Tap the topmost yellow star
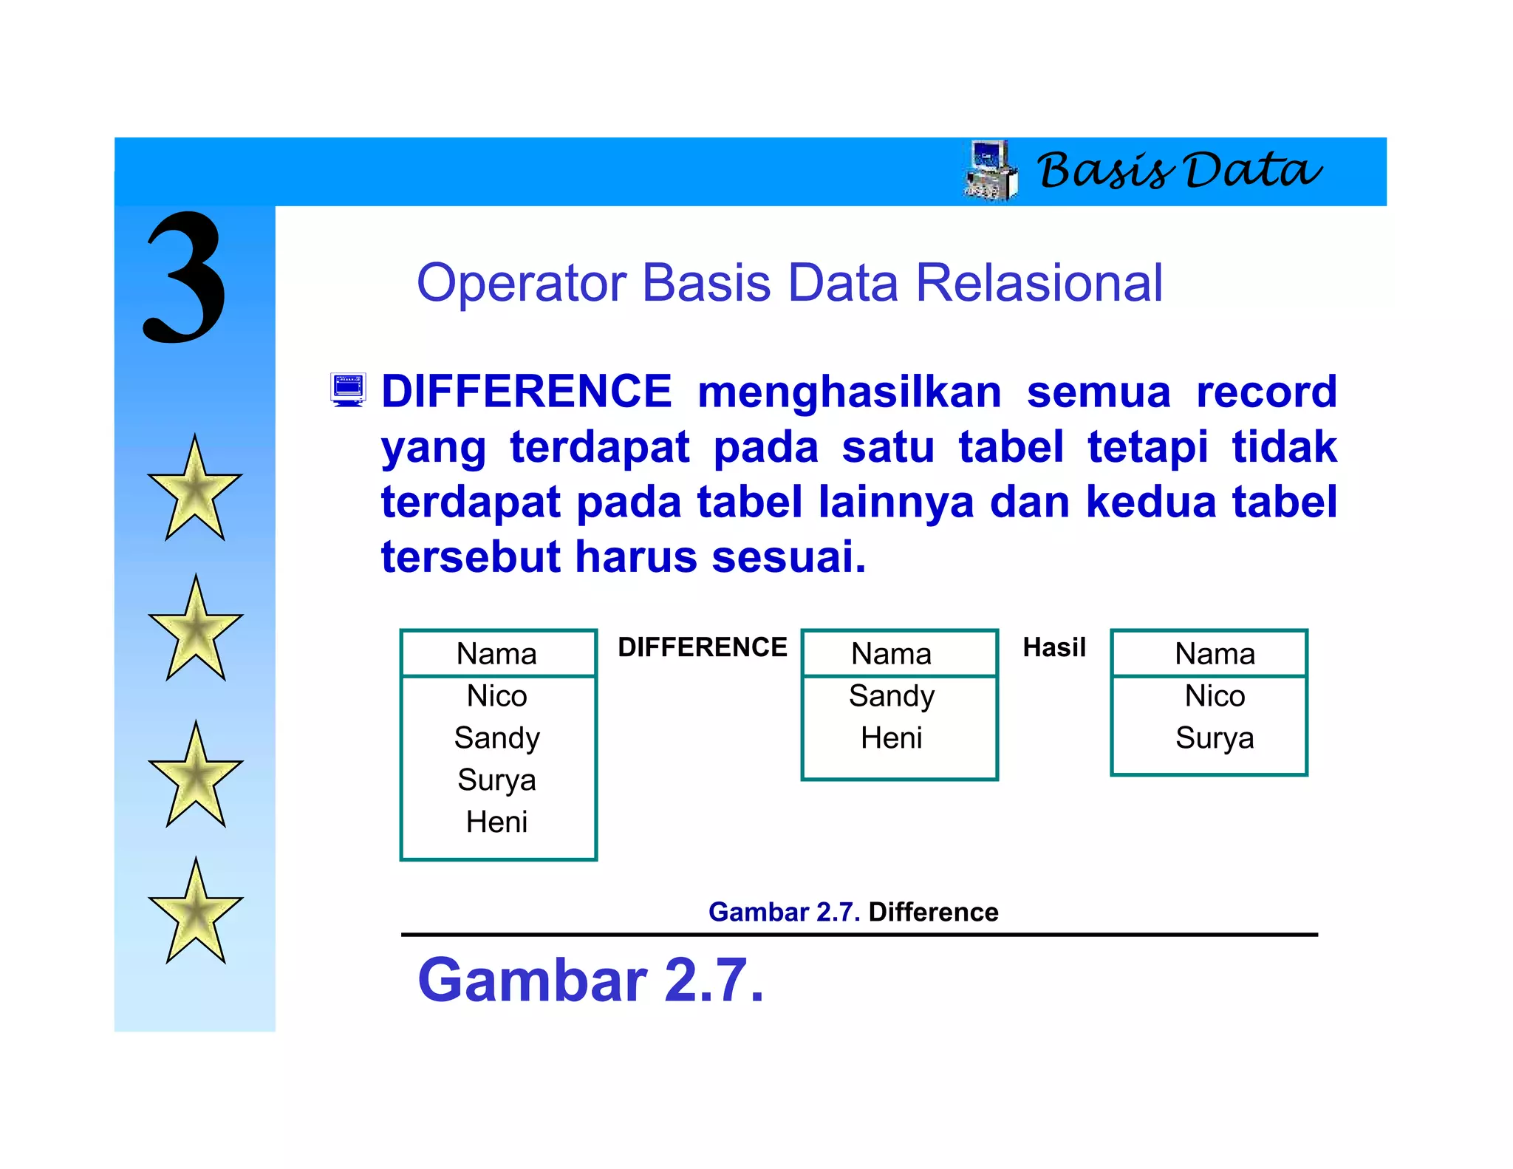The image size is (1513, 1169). click(x=194, y=491)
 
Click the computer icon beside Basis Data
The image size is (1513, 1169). click(x=991, y=171)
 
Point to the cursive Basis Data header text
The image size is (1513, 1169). click(x=1179, y=171)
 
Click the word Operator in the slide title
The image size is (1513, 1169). click(x=522, y=283)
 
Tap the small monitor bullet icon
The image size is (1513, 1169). click(x=348, y=390)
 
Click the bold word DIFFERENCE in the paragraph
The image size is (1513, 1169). click(x=526, y=392)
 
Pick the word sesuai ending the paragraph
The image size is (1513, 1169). click(x=788, y=557)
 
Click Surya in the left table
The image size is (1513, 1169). click(x=496, y=780)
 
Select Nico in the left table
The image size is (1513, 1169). click(x=496, y=696)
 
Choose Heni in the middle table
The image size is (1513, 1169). click(x=891, y=738)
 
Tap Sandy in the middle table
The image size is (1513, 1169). click(x=891, y=696)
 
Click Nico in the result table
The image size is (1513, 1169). click(x=1215, y=696)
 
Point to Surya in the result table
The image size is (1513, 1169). click(x=1215, y=738)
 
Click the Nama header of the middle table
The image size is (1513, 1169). click(x=891, y=654)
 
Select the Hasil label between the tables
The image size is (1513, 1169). click(x=1054, y=647)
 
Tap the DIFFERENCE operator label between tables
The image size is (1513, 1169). click(x=702, y=647)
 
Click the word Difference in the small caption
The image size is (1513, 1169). click(x=933, y=912)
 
